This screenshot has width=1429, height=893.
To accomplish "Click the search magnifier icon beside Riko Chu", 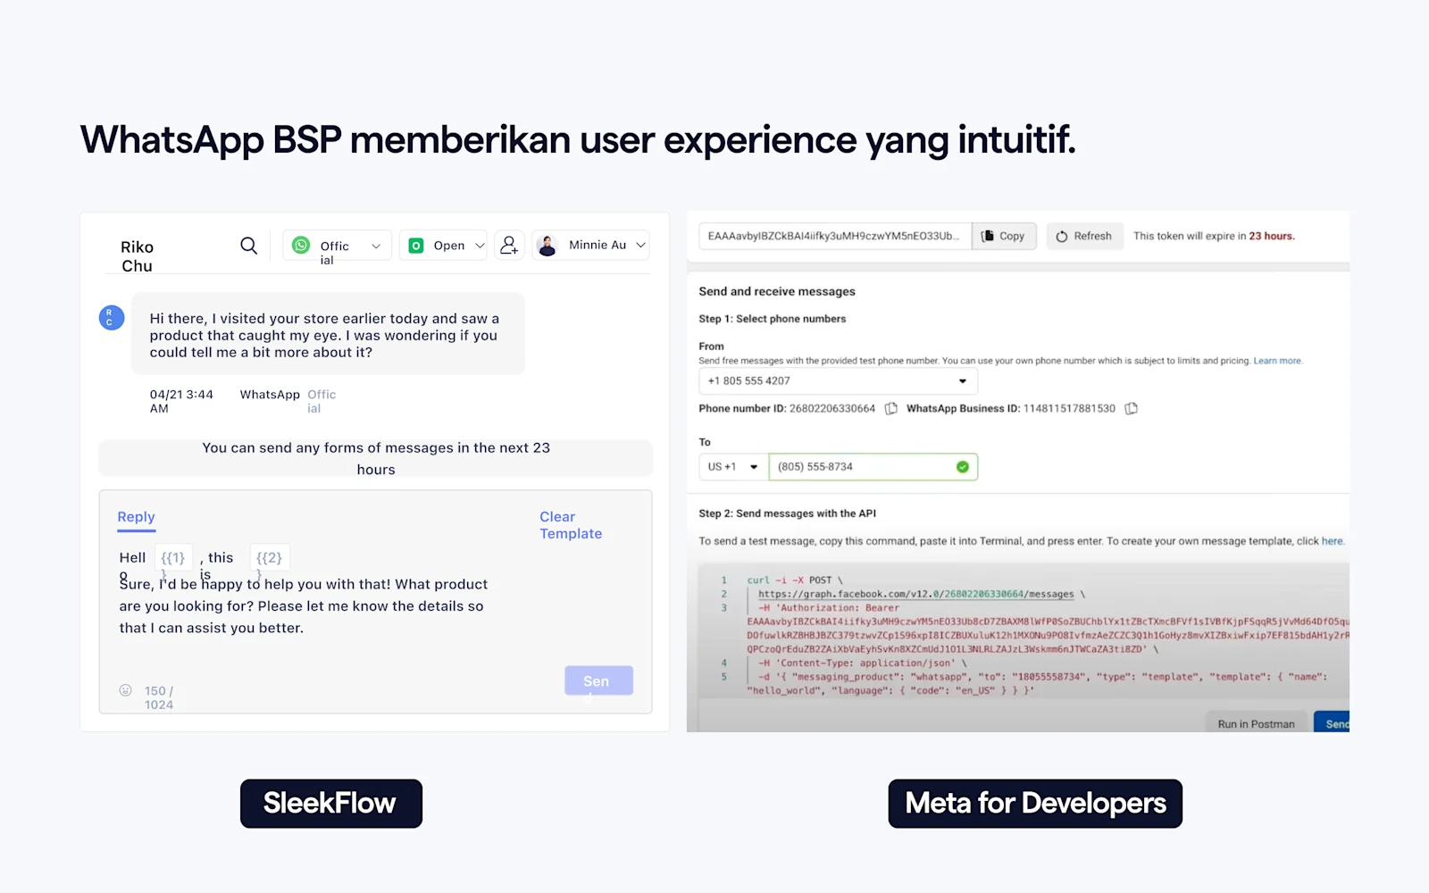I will (248, 245).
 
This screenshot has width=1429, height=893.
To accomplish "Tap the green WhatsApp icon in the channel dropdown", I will (302, 245).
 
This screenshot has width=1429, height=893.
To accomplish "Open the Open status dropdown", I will (444, 246).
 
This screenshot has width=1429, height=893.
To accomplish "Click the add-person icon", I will (509, 245).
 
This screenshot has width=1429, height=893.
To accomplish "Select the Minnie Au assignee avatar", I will (547, 245).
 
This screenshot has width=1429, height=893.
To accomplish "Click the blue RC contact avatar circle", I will (111, 317).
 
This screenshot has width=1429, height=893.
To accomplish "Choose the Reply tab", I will (136, 517).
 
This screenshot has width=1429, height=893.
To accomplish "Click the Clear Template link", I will (570, 525).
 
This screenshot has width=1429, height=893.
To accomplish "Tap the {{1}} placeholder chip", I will (173, 558).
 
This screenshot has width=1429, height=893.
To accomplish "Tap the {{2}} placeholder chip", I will (269, 558).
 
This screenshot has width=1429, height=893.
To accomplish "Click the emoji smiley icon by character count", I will (126, 690).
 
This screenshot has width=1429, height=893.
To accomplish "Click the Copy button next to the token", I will (1003, 236).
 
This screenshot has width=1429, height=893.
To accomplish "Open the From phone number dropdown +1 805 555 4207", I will (837, 381).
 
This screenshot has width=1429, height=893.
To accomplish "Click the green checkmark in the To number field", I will (962, 467).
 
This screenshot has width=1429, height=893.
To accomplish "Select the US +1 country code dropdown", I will (732, 467).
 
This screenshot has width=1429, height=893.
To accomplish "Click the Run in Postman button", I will (1255, 723).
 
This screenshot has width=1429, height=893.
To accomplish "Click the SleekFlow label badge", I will (330, 804).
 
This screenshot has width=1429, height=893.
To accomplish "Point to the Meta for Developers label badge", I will (1035, 804).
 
